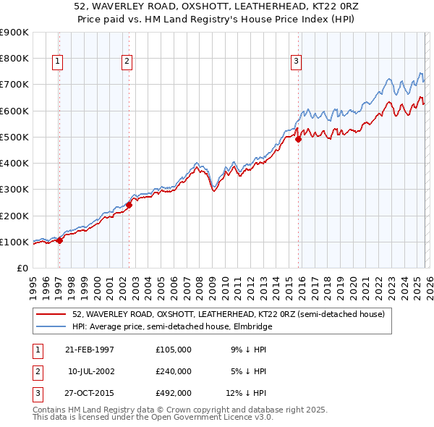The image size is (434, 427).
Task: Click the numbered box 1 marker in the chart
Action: click(57, 62)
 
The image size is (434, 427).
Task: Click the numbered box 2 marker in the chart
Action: click(127, 62)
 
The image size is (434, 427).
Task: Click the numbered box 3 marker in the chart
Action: click(296, 62)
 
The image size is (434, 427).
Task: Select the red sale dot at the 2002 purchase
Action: click(129, 205)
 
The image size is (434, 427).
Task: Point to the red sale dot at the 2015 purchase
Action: click(298, 140)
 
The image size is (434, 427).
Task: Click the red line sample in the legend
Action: click(51, 315)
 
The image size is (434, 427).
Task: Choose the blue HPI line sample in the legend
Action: click(51, 327)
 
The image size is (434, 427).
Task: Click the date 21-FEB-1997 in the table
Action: click(90, 350)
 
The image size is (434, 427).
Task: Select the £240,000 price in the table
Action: click(174, 371)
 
